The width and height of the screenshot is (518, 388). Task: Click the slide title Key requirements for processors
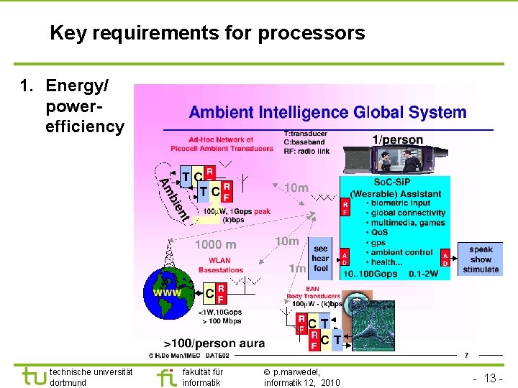pyautogui.click(x=207, y=33)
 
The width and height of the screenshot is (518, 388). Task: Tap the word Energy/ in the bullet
pyautogui.click(x=77, y=86)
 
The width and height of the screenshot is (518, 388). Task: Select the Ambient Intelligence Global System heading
pyautogui.click(x=327, y=113)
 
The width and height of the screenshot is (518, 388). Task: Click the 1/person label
pyautogui.click(x=397, y=139)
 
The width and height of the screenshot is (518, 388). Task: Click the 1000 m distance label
pyautogui.click(x=215, y=244)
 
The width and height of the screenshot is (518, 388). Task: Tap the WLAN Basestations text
pyautogui.click(x=220, y=265)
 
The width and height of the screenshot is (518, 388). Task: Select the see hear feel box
pyautogui.click(x=320, y=258)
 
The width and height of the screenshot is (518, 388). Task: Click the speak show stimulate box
pyautogui.click(x=481, y=259)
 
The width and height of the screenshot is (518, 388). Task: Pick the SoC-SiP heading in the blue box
pyautogui.click(x=395, y=184)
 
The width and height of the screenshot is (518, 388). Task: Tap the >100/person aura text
pyautogui.click(x=214, y=343)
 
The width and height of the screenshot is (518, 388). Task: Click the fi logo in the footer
pyautogui.click(x=167, y=377)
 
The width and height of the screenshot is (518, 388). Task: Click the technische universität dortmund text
pyautogui.click(x=91, y=377)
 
